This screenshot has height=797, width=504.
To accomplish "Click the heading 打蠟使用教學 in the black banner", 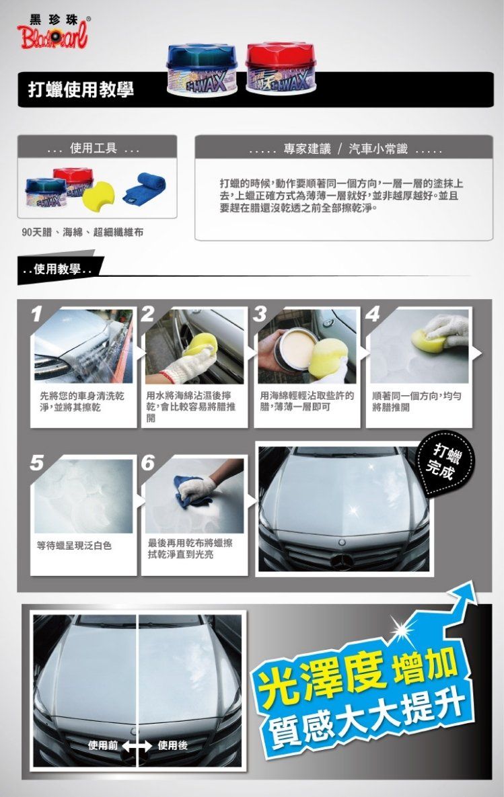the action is pos(81,90).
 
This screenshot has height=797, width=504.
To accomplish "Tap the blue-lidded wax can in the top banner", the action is pos(202,70).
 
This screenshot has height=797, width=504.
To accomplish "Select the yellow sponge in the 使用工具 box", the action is pos(99,194).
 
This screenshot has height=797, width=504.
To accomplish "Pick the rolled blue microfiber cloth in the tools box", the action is pos(145,188).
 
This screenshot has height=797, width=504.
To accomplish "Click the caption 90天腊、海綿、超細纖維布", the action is pos(83,233).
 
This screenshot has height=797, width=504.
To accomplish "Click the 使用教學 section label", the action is pos(57,269).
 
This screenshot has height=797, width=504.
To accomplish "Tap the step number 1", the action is pos(35,314).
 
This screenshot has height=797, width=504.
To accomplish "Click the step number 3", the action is pos(260,314).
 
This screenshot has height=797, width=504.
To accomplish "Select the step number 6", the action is pos(148,462).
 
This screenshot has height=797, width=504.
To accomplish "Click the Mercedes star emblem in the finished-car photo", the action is pos(342,561).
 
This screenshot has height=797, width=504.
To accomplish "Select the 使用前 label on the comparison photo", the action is pos(103,745).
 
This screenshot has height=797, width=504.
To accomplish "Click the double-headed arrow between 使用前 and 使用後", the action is pos(137,746).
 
